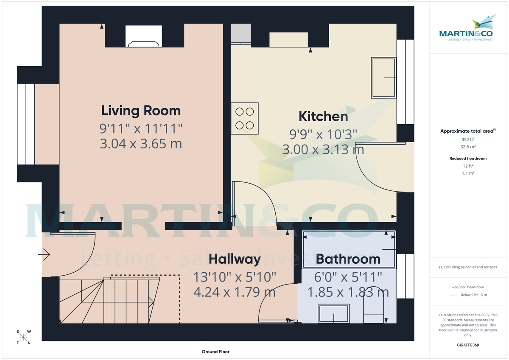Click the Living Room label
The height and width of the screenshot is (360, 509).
[141, 111]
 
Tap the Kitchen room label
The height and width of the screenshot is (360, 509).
[323, 116]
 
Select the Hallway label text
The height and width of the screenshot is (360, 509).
[235, 259]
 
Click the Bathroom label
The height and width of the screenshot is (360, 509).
[348, 259]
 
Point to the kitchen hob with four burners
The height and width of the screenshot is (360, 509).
[245, 118]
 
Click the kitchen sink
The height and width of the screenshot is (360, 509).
[384, 78]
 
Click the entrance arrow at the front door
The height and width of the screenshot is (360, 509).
[44, 255]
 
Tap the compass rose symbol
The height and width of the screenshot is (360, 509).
[23, 338]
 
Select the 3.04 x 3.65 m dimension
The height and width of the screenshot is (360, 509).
[141, 144]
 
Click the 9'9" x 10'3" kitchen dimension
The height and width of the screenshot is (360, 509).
[323, 134]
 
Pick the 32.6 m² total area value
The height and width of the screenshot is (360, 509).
[468, 147]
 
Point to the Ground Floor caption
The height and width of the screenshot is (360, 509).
[216, 352]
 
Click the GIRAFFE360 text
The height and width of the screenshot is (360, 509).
[468, 345]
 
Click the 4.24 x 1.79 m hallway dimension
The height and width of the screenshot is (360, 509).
[235, 292]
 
